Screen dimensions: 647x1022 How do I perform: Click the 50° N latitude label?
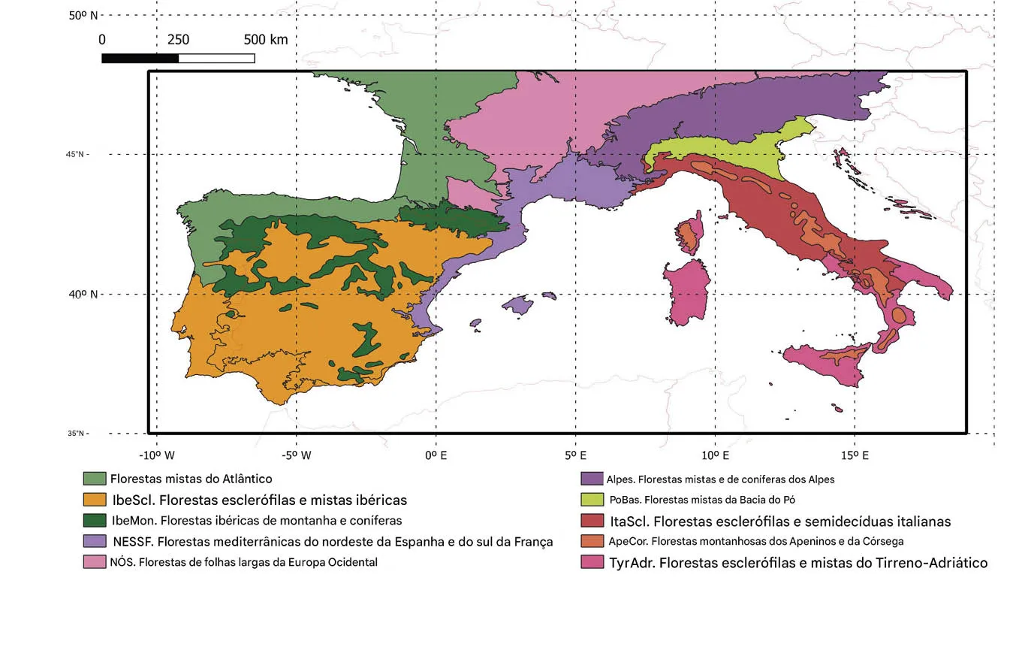tap(83, 15)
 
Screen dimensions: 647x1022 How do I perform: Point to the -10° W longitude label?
tap(157, 455)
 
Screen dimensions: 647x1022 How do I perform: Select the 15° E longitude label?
tap(855, 455)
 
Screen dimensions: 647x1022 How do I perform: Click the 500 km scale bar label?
tap(265, 40)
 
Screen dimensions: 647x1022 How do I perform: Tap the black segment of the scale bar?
tap(140, 58)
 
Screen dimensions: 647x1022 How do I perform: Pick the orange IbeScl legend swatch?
tap(94, 500)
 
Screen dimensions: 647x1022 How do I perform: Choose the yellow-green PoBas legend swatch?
tap(592, 500)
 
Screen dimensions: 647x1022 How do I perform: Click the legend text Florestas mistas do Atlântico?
tap(191, 479)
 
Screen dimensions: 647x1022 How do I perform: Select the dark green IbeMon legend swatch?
tap(94, 520)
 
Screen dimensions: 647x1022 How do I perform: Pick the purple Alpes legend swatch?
tap(592, 479)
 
